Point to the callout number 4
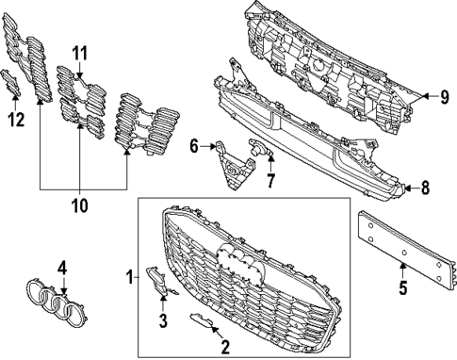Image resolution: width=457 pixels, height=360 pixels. [x=62, y=268]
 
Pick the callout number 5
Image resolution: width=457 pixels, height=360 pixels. [x=403, y=287]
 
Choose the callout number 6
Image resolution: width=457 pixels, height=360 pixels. [x=194, y=146]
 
